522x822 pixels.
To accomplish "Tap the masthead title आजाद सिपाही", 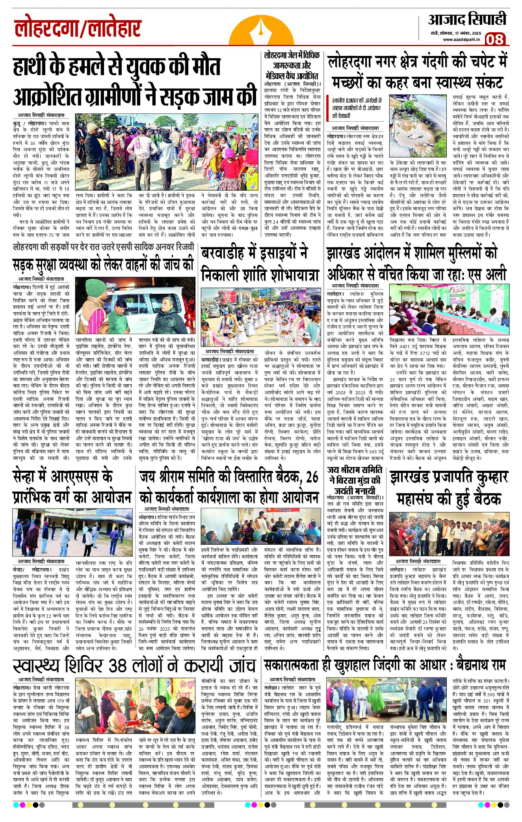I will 467,20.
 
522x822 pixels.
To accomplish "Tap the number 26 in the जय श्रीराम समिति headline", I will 312,477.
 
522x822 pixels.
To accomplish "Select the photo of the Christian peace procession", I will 260,317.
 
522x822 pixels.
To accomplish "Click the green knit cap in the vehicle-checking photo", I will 96,289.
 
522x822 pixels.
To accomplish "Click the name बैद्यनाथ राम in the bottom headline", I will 481,665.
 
